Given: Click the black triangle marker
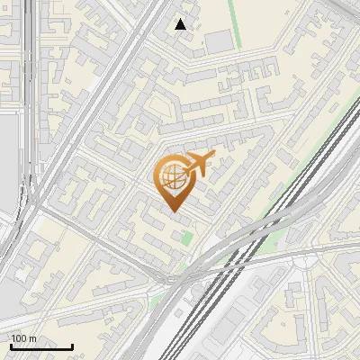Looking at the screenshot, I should (181, 24).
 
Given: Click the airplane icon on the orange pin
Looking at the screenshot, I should (197, 165).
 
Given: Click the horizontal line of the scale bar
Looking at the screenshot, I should (41, 346).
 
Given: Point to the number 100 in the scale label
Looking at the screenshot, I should (19, 338).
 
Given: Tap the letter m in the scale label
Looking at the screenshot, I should (32, 338).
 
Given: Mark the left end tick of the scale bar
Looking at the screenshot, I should (11, 345).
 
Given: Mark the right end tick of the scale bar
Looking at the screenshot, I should (72, 345).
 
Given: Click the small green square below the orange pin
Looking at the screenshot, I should (186, 238).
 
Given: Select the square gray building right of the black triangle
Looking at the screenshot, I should (219, 41).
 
